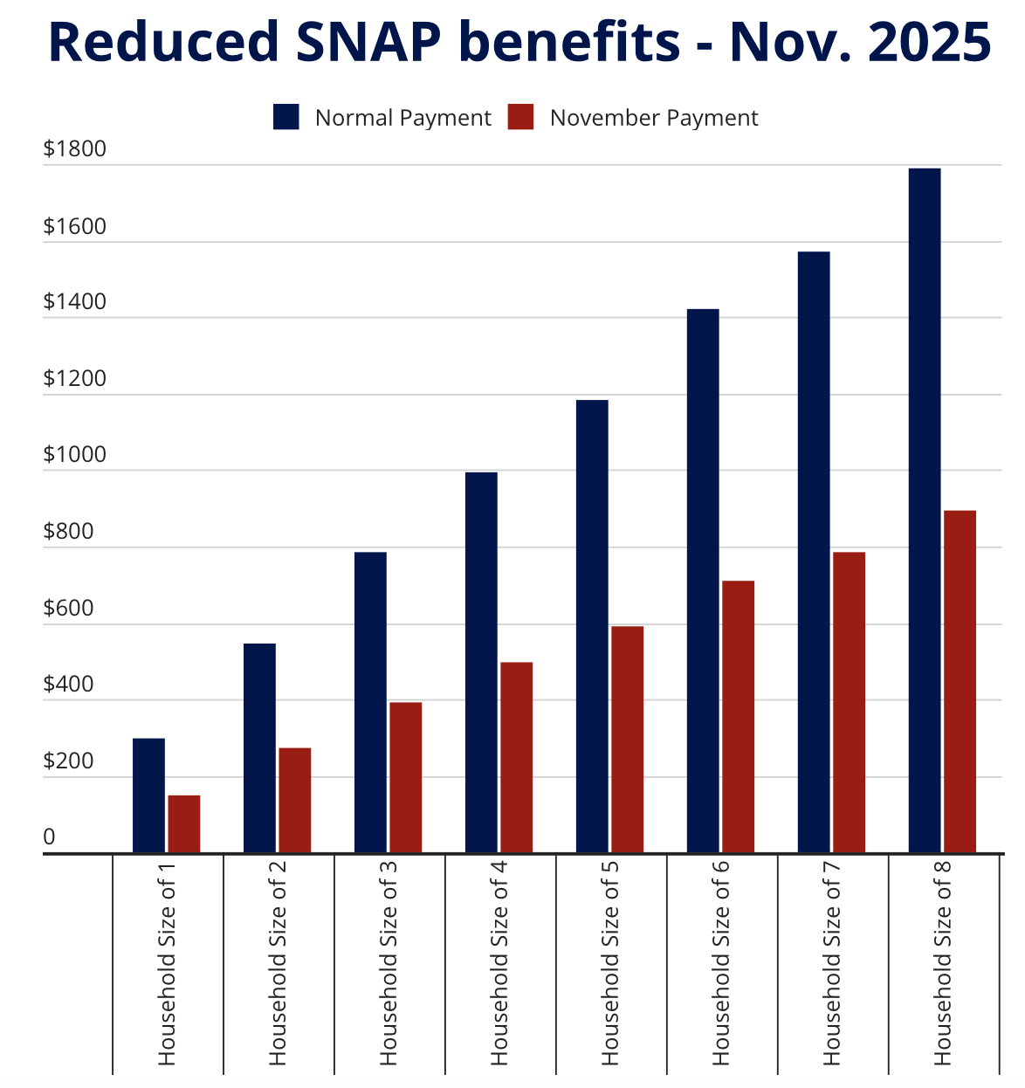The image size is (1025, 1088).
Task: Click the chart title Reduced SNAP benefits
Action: [x=519, y=42]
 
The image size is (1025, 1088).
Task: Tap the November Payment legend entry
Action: [x=633, y=118]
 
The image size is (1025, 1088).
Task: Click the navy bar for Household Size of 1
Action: [x=148, y=795]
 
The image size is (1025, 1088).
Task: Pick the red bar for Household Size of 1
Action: [x=184, y=823]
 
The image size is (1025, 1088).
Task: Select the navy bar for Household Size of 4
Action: [x=481, y=662]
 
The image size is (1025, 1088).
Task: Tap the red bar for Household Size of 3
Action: [x=406, y=777]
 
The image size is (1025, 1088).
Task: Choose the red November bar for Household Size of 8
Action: [x=960, y=681]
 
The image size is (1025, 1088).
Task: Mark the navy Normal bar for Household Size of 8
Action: [x=925, y=510]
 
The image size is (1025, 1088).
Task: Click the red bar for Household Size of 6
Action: [x=738, y=716]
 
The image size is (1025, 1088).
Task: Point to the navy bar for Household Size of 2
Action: [x=259, y=747]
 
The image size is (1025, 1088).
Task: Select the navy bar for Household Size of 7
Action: [x=814, y=552]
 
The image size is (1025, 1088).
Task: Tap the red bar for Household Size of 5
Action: [x=627, y=739]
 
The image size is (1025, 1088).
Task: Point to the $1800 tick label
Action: [x=75, y=149]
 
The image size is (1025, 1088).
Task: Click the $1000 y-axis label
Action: [x=75, y=455]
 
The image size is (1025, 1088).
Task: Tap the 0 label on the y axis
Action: [x=49, y=837]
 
